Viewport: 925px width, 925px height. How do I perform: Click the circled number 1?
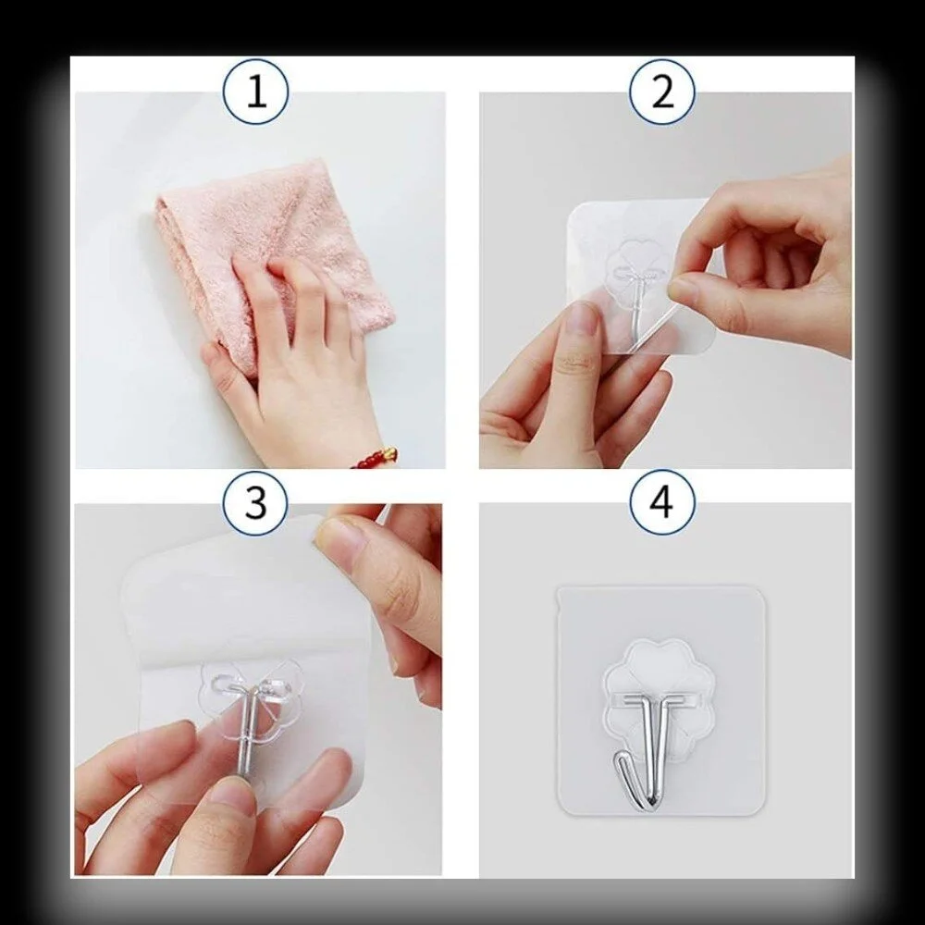pyautogui.click(x=255, y=92)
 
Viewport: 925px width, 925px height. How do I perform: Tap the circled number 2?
pyautogui.click(x=662, y=92)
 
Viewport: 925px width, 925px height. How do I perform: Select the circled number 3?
pyautogui.click(x=255, y=503)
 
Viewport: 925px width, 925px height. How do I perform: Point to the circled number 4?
pyautogui.click(x=662, y=503)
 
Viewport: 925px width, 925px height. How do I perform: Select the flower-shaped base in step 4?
pyautogui.click(x=660, y=666)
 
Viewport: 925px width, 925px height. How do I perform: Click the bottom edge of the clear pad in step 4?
pyautogui.click(x=660, y=813)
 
